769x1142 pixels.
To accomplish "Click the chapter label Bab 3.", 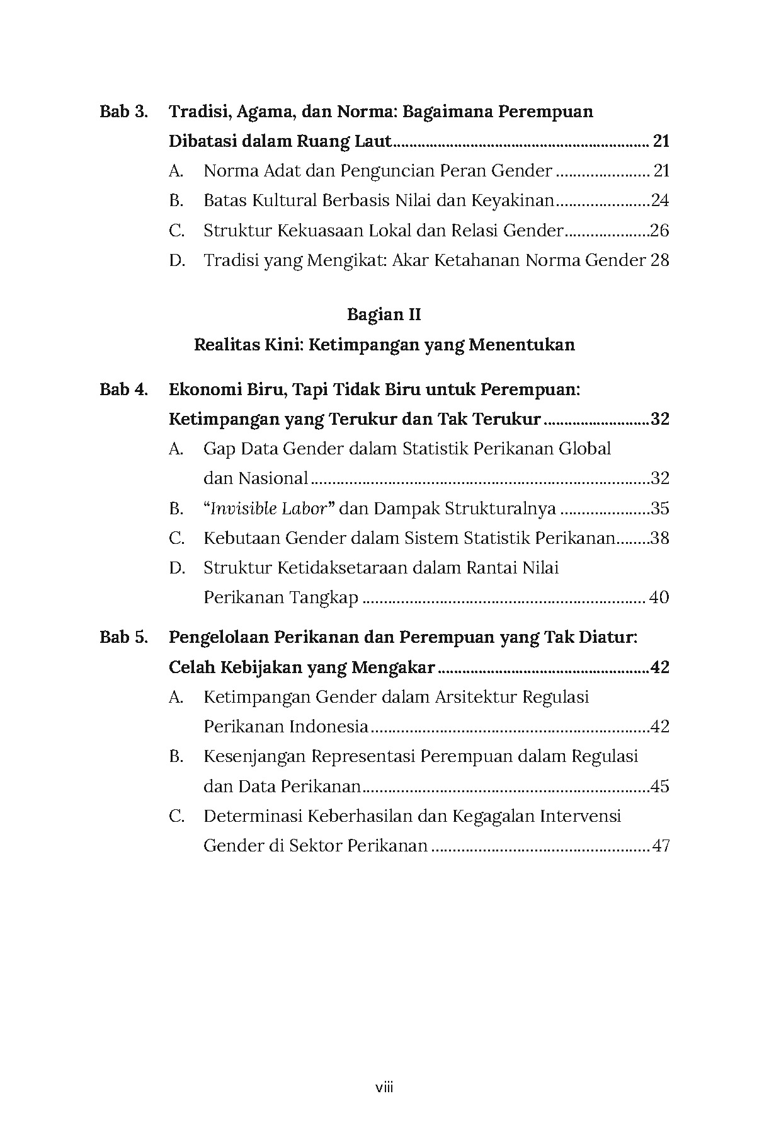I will click(123, 112).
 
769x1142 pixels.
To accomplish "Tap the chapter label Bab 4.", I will click(123, 389).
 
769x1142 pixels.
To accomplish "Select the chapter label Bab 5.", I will click(123, 637).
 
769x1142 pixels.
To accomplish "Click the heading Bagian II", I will click(384, 314).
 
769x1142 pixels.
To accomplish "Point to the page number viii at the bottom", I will click(384, 1087).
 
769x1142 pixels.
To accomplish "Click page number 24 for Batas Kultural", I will click(659, 201).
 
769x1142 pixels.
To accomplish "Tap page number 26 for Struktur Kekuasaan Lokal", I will click(659, 231).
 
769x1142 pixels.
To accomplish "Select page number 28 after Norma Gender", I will click(659, 260).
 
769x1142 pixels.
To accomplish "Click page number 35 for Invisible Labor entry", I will click(659, 509).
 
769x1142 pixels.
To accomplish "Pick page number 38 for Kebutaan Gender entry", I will click(659, 538).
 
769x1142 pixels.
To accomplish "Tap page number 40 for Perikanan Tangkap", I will click(658, 597).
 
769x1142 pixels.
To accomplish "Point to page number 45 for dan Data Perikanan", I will click(659, 787).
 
